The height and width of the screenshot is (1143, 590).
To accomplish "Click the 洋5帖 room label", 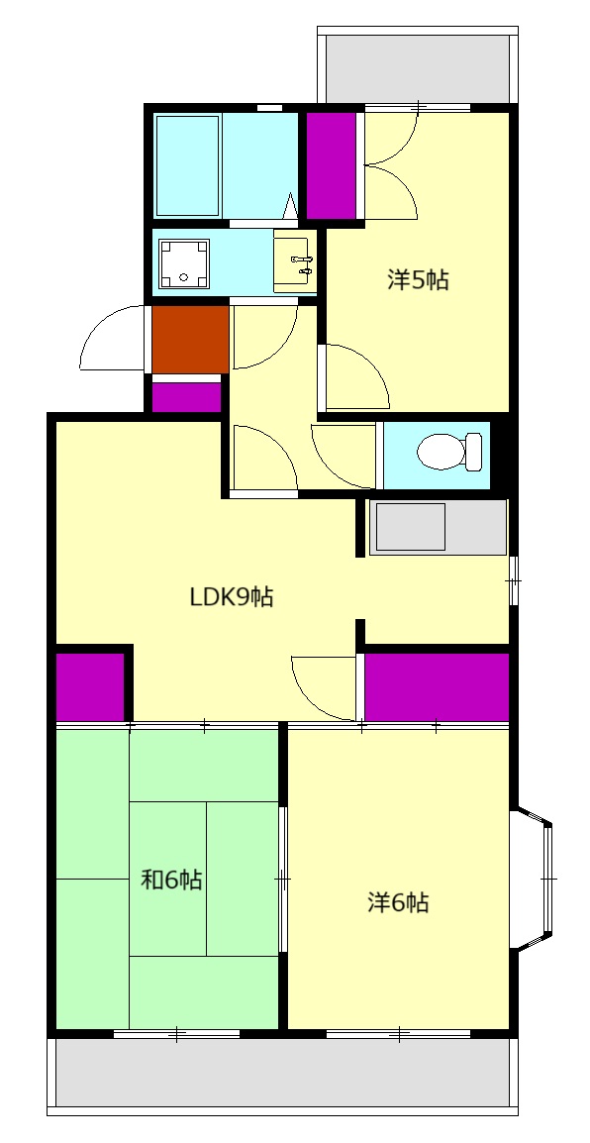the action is [418, 280].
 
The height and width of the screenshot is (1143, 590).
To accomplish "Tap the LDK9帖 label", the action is [232, 597].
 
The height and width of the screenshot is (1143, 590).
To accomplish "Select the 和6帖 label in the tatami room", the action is [171, 880].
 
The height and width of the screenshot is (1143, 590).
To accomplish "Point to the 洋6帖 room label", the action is [397, 903].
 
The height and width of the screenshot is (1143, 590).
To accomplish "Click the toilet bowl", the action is [449, 452].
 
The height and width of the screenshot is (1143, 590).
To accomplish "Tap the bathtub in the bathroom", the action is [188, 165].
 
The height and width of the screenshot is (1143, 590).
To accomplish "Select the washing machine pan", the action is [183, 263].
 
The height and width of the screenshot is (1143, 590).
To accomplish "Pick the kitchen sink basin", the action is [410, 526].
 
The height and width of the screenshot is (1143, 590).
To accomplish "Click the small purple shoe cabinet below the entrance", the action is [186, 396].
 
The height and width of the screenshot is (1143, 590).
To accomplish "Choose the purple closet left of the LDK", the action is [90, 686].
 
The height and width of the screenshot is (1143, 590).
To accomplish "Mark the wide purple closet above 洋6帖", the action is [437, 686].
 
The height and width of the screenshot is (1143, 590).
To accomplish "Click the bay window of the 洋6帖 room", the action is [537, 880].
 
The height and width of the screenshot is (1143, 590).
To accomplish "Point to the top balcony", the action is [418, 67].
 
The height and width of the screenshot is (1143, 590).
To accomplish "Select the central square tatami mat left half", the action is [168, 879].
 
